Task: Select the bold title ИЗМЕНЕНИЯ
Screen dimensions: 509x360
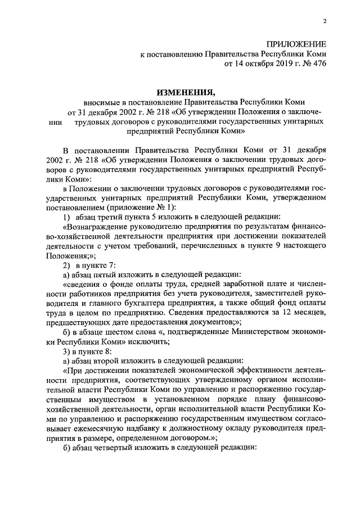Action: [186, 91]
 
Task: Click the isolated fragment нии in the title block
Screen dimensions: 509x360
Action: [56, 121]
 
